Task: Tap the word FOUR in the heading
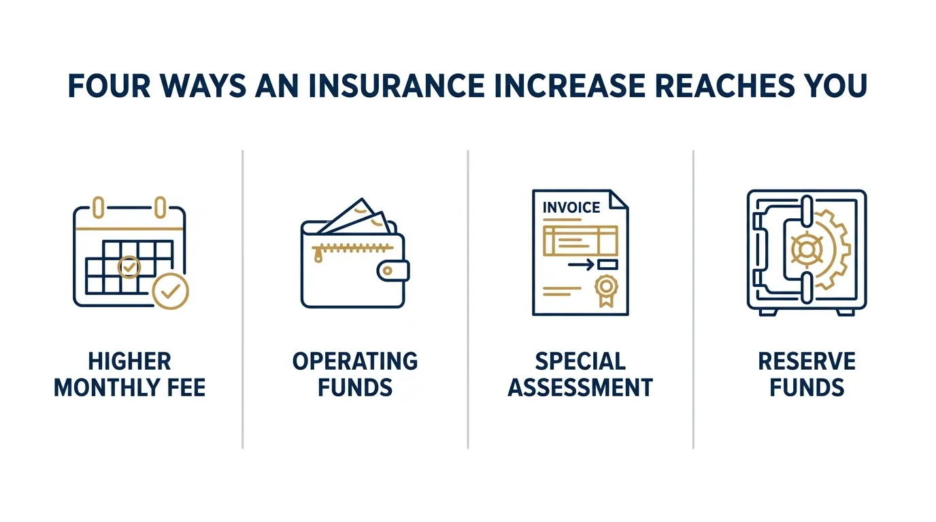tap(109, 86)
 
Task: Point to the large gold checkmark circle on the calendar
tap(171, 291)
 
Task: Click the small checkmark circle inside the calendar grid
tap(129, 267)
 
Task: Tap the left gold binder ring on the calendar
tap(98, 207)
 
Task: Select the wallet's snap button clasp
tap(393, 271)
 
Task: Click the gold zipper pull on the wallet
tap(318, 255)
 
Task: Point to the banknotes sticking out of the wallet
tap(356, 217)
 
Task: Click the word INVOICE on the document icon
tap(571, 207)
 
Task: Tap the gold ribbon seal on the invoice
tap(606, 291)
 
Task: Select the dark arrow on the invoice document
tap(581, 264)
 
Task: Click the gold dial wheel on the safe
tap(807, 249)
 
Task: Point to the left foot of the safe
tap(768, 312)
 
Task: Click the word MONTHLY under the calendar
tap(107, 387)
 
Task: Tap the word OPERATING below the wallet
tap(355, 361)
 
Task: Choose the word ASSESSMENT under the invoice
tap(580, 387)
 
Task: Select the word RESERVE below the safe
tap(807, 361)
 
